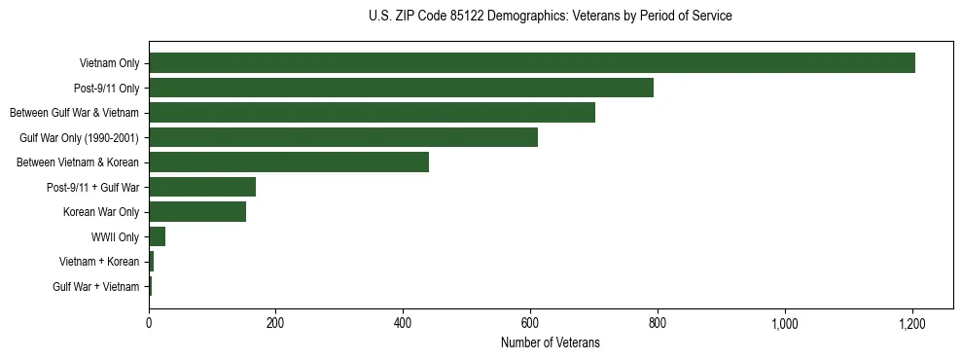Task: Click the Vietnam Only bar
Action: [x=532, y=63]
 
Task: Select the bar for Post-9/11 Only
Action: [x=401, y=88]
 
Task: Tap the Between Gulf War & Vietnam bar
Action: [x=372, y=113]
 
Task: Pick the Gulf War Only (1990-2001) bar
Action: [x=343, y=137]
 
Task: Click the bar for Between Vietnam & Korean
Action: [x=289, y=162]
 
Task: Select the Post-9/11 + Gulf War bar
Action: [x=202, y=187]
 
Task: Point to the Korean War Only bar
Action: [x=197, y=212]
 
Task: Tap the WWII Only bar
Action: [x=158, y=236]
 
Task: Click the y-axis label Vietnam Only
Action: [x=109, y=64]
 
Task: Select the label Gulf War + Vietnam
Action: [x=96, y=287]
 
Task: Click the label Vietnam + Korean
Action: [x=99, y=262]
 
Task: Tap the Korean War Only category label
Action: [x=101, y=212]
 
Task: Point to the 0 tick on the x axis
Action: [x=149, y=323]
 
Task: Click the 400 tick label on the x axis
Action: [x=403, y=323]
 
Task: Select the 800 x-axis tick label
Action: [x=658, y=323]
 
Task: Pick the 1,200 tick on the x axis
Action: [x=911, y=323]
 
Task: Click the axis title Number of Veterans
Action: [x=550, y=343]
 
